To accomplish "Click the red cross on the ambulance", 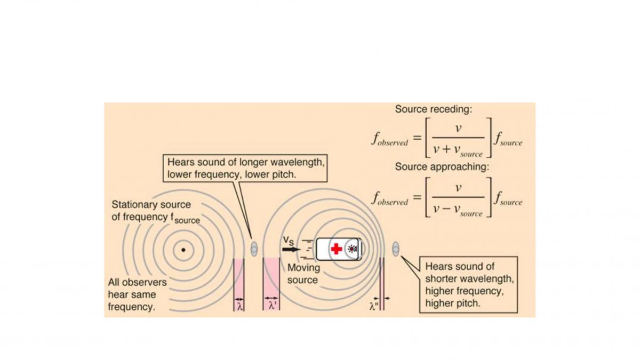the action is coord(337,249).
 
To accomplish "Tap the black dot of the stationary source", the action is coord(183,250).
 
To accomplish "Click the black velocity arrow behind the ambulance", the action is coord(291,250).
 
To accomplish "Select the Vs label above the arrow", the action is coord(289,241).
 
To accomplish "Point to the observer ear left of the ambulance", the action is coord(254,249).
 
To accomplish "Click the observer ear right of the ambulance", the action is coord(396,249).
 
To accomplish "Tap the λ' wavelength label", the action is coord(272,306).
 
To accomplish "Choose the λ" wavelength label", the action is coord(374,307).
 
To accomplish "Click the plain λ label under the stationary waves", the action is coord(239,307).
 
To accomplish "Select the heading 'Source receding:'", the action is coord(434,109).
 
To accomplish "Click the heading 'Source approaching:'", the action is coord(442,166).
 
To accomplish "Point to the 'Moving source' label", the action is coord(303,274).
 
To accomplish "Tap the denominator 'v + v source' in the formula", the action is coord(458,150).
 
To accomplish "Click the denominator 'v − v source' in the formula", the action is coord(458,210).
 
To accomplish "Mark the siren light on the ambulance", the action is coord(353,249).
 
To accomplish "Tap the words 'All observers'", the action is coord(137,282).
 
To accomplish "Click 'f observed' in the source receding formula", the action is coord(390,140).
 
